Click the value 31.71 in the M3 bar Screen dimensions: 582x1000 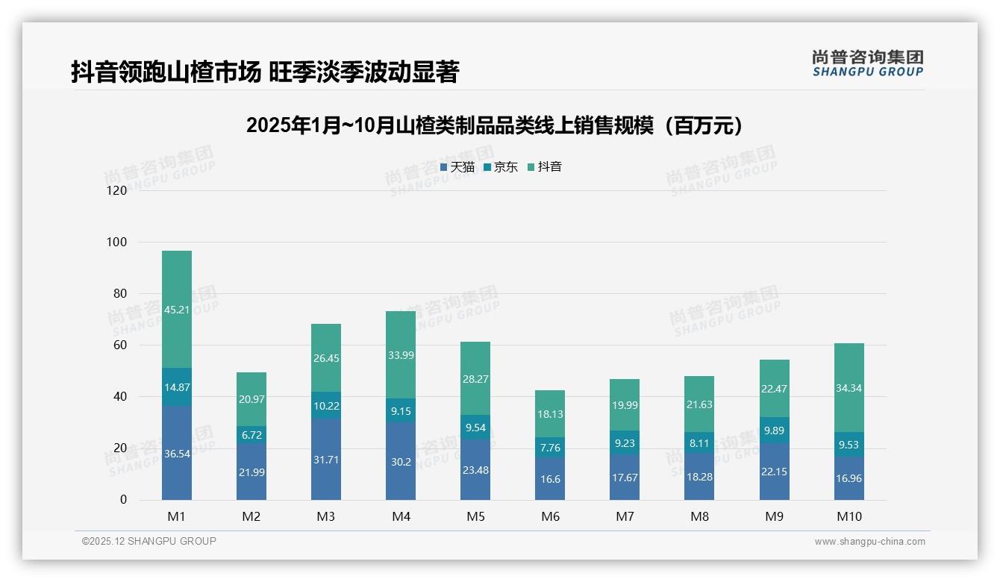coord(326,460)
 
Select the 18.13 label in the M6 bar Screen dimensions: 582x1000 coord(550,414)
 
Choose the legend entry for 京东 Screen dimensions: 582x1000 coord(501,167)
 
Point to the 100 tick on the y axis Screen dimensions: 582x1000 coord(117,242)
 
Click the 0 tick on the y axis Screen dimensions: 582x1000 coord(123,500)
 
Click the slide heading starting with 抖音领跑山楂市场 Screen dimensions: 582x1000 coord(264,72)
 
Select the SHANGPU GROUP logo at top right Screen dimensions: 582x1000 coord(867,63)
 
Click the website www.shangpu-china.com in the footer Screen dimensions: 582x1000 coord(869,542)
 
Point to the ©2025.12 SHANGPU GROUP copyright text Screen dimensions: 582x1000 coord(149,542)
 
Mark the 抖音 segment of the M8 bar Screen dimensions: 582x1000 coord(699,404)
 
